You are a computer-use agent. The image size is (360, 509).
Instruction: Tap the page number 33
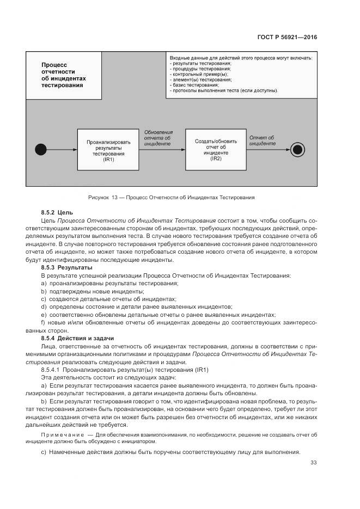pos(313,463)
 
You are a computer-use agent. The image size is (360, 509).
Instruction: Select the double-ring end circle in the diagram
pos(297,148)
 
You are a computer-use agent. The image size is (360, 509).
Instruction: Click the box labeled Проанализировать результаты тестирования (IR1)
pos(108,148)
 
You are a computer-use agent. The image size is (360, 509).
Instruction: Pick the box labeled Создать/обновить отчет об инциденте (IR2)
pos(216,148)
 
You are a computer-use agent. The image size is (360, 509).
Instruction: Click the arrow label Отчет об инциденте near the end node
pos(261,140)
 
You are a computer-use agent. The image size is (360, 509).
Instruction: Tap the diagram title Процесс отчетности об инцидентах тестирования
pos(64,75)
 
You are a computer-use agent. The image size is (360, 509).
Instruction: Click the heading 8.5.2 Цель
pos(57,212)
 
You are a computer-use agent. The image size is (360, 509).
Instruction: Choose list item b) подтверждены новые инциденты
pos(89,291)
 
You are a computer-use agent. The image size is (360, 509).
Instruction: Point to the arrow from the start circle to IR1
pos(60,148)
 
